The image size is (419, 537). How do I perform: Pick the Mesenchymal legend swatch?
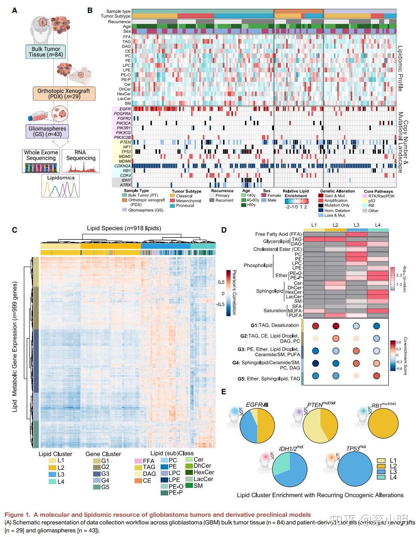[173, 201]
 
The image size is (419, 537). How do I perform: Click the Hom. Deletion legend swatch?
[321, 210]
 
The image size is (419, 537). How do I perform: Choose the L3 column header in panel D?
[357, 225]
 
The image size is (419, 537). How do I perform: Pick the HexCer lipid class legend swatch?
[188, 472]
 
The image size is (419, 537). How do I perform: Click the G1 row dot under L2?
[336, 326]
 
